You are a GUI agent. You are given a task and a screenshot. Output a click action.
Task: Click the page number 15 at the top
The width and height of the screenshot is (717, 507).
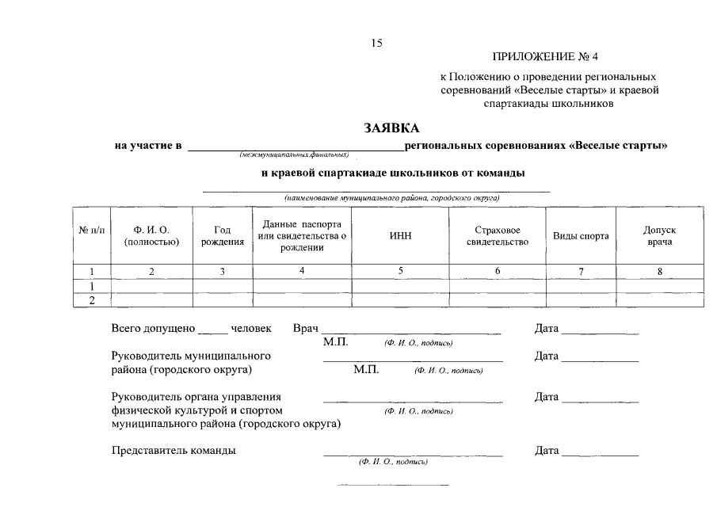pos(376,44)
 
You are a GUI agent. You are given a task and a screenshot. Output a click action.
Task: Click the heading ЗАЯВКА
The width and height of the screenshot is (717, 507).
pos(391,128)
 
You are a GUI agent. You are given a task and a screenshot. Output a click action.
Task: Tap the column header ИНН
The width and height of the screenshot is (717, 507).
pos(401,235)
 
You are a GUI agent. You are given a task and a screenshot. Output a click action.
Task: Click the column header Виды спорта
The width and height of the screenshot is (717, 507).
pos(581,236)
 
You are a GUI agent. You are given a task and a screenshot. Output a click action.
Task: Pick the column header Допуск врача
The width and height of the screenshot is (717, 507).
pos(659,235)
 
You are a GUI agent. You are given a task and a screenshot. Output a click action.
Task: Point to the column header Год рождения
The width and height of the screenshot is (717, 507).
pos(223,235)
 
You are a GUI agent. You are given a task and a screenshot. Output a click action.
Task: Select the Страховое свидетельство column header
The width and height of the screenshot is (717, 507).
pos(498,235)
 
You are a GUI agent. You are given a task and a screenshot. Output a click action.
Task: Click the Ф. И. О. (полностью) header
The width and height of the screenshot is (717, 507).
pos(152,235)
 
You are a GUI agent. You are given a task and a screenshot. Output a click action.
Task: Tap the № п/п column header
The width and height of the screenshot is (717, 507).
pos(92,230)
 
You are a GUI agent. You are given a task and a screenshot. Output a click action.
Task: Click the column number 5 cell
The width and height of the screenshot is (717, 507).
pos(401,271)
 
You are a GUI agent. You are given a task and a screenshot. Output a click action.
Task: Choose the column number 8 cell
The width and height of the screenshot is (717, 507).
pos(659,271)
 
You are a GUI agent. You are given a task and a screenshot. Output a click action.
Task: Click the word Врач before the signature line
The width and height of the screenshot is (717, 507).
pos(305,328)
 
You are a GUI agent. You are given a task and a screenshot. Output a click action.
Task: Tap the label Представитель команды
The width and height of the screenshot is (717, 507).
pos(174,451)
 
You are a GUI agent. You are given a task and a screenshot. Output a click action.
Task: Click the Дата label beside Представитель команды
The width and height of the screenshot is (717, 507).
pos(547,451)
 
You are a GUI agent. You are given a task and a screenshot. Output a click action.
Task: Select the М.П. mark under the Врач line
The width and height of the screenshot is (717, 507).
pos(336,342)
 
